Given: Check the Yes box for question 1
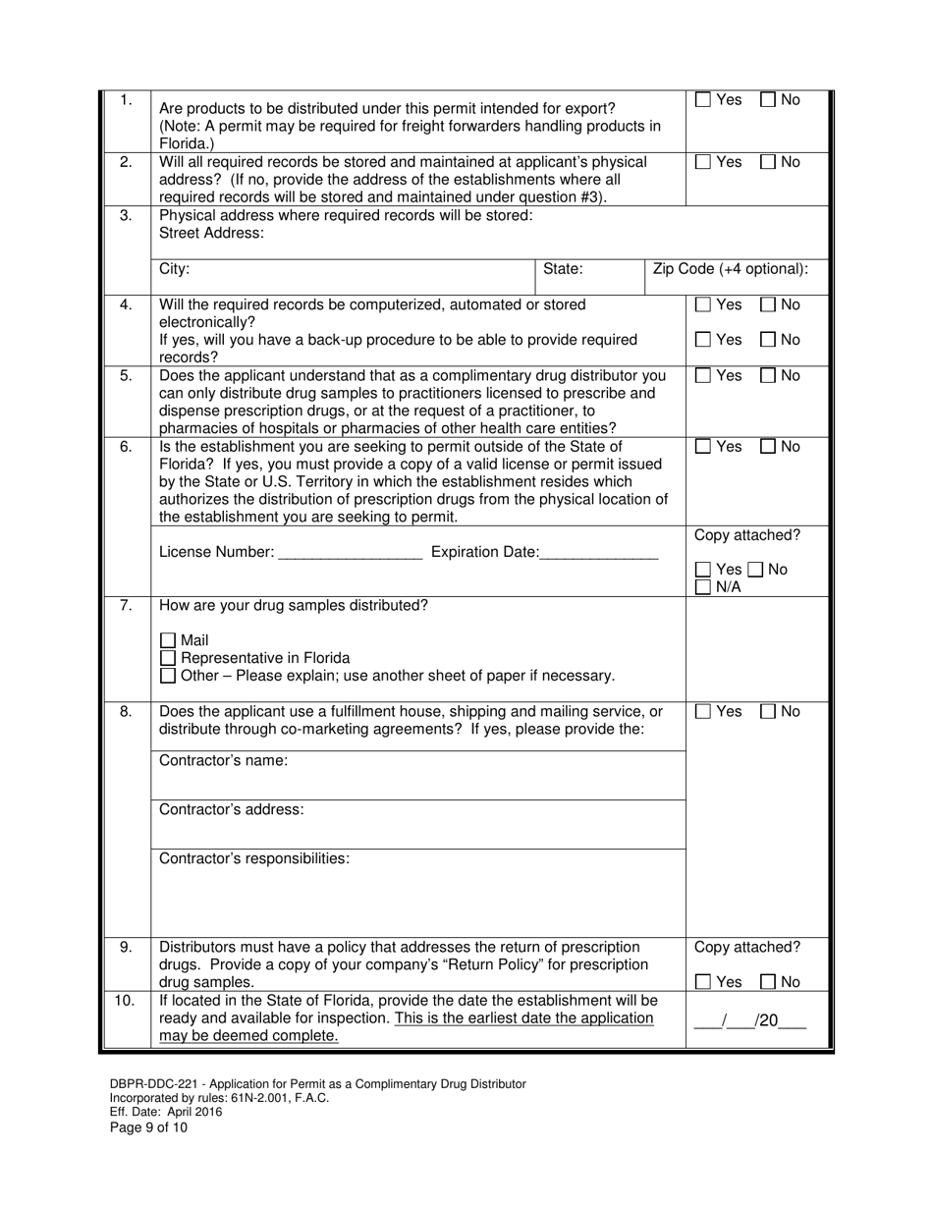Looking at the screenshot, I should click(703, 100).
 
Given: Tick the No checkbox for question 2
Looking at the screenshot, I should click(769, 163).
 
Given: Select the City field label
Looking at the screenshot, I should click(174, 269).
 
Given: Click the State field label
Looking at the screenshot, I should click(563, 269).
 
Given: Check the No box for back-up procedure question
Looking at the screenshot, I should click(769, 341).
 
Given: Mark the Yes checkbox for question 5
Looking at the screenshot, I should click(703, 376).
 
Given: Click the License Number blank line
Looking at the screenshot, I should click(350, 553).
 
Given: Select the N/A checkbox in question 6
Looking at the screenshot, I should click(703, 587).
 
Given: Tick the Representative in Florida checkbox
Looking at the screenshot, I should click(168, 658).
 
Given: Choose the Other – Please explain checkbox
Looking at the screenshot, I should click(168, 676).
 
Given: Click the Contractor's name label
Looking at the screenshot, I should click(223, 761).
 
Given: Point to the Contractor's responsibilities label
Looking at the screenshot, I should click(253, 858).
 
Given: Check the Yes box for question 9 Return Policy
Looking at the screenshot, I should click(703, 982).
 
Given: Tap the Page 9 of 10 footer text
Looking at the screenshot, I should click(148, 1127).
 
